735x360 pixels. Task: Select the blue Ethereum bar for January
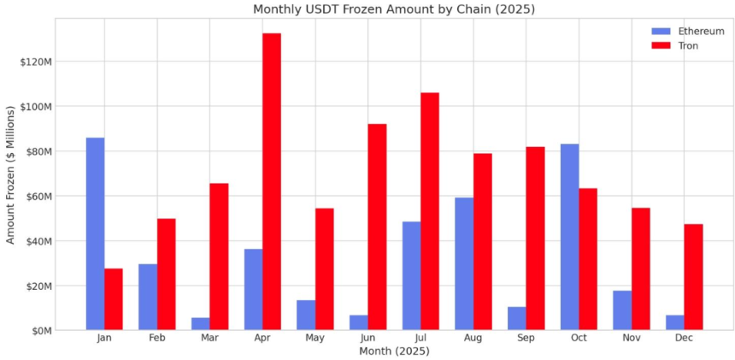(95, 233)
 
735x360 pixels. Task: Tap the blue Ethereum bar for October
(569, 237)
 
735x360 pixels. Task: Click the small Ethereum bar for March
(200, 324)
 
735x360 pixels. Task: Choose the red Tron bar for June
(377, 227)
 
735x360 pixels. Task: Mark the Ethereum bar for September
(516, 318)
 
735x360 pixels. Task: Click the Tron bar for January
(114, 299)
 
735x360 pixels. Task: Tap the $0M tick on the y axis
(39, 330)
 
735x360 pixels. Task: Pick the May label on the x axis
(315, 339)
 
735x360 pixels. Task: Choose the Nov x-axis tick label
(631, 339)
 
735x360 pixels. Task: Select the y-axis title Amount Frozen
(10, 174)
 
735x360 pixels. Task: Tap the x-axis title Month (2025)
(394, 351)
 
